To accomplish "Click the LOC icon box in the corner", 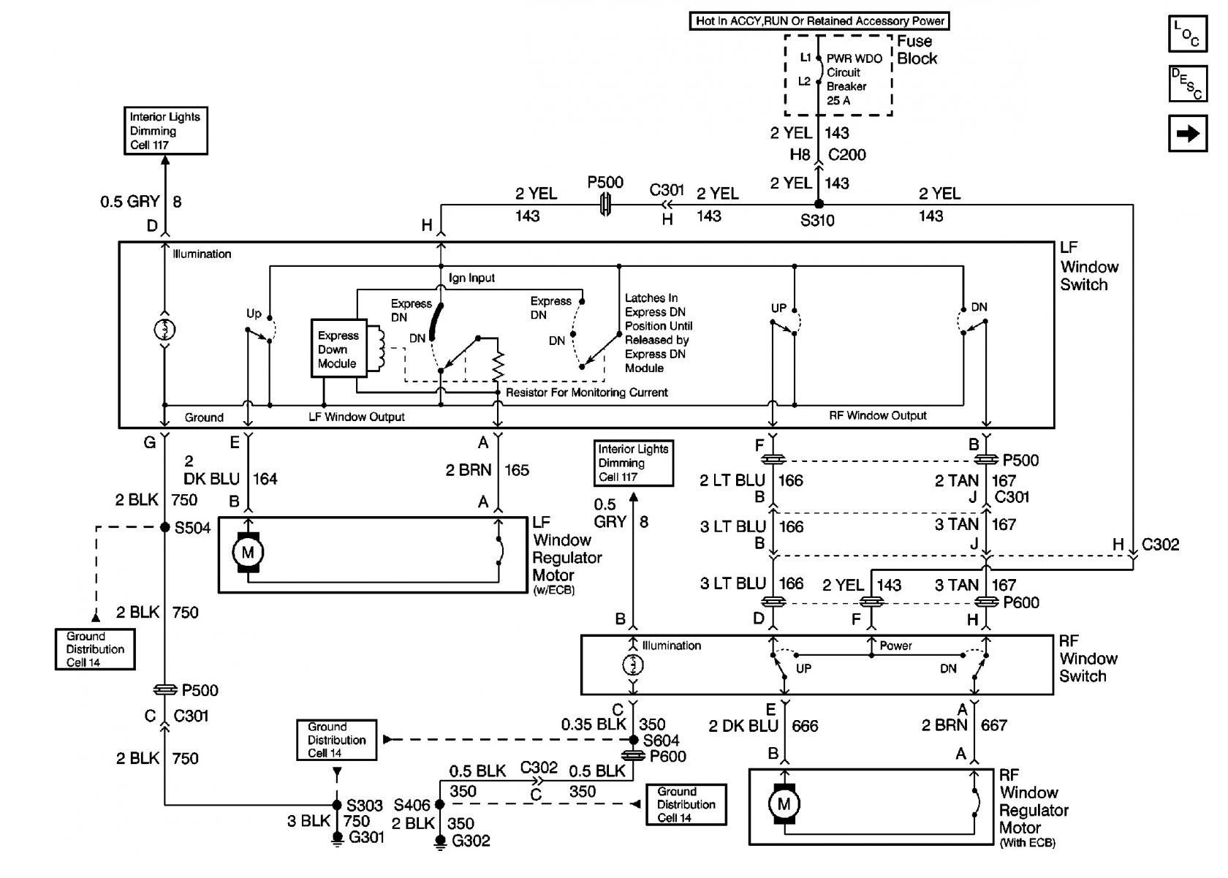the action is [x=1187, y=34].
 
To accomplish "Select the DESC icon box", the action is [x=1187, y=83].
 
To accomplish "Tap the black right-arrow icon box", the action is [x=1187, y=133].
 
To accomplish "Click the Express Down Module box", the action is [x=339, y=349].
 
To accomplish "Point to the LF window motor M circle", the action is [x=248, y=552].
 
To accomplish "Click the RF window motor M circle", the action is [x=784, y=804].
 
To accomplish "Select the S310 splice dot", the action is [x=819, y=204].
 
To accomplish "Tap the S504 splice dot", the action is [x=165, y=527].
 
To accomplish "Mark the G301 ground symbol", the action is [x=338, y=839].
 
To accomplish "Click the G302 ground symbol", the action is [x=440, y=841].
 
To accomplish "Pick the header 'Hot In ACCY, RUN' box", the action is [x=819, y=21].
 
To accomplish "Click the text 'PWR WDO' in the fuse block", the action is [x=854, y=58].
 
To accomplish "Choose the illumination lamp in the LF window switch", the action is [x=164, y=330].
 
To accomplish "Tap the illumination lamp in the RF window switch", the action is [x=633, y=665].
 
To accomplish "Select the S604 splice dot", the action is [x=633, y=740].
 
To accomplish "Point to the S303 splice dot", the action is [x=337, y=805].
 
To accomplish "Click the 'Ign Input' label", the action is [x=471, y=278].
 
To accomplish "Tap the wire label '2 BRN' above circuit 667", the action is [x=944, y=725].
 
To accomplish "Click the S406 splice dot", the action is [x=440, y=804].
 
